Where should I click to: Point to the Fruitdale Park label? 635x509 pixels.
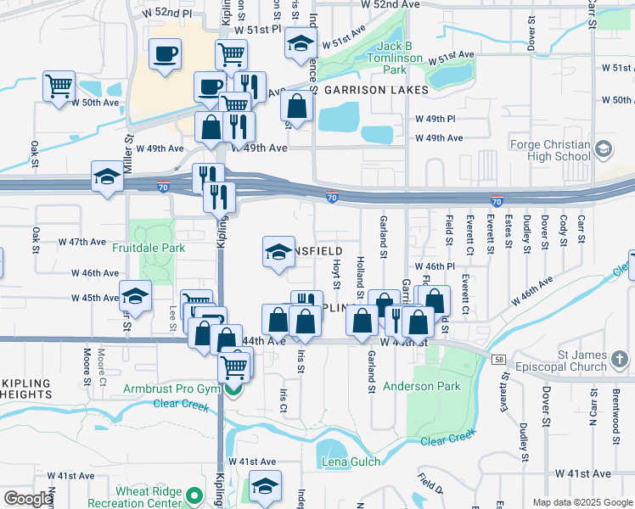tap(149, 249)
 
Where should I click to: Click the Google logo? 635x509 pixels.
tap(28, 499)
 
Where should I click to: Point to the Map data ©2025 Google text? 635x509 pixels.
tap(582, 502)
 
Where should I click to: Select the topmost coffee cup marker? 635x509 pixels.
tap(165, 53)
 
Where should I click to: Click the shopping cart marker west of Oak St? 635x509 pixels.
tap(59, 85)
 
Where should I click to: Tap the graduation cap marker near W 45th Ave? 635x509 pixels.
tap(135, 295)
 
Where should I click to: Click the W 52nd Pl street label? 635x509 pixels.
tap(167, 14)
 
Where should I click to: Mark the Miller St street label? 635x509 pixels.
tap(130, 153)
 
